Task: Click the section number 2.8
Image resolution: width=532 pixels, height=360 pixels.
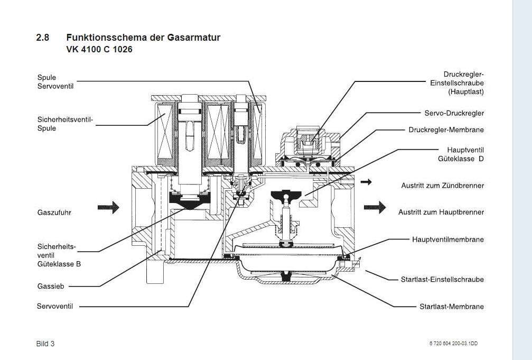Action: click(42, 38)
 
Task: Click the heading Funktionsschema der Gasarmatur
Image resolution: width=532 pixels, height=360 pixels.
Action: click(143, 38)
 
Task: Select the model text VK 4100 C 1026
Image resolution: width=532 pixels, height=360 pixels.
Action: click(99, 50)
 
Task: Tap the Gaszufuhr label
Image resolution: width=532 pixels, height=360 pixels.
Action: click(54, 213)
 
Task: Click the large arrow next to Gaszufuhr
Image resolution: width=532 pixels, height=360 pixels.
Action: click(108, 207)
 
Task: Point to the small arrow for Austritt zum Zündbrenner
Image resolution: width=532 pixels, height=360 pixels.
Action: click(366, 182)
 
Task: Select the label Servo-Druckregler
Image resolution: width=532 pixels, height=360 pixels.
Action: click(454, 113)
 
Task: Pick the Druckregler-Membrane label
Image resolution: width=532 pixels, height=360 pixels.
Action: click(446, 130)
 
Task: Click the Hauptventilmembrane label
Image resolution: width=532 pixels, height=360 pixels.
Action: click(447, 239)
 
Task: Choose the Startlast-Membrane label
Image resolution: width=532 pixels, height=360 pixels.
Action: click(451, 306)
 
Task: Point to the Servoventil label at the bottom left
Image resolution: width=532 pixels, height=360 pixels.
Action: click(55, 306)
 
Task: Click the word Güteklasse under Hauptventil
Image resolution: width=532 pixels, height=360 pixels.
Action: click(455, 159)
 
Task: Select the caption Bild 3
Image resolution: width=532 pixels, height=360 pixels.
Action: click(45, 344)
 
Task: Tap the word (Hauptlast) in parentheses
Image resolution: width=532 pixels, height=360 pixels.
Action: click(465, 91)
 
